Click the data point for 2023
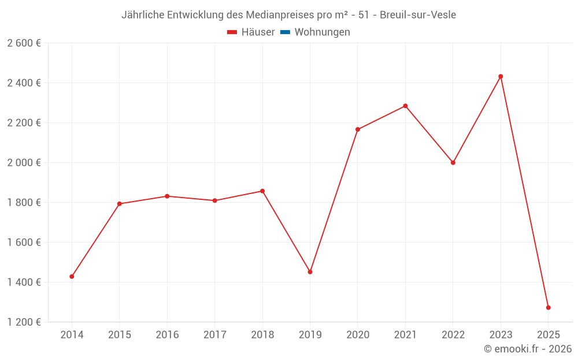(501, 76)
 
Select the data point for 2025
(548, 307)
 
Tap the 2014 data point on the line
(72, 277)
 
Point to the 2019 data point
(310, 271)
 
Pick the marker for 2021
(405, 106)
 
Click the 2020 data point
(358, 129)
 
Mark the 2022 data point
(453, 162)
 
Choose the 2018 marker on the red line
(262, 191)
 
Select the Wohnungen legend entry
(322, 32)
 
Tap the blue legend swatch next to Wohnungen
(285, 32)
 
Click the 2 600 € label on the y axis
(24, 43)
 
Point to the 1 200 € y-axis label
(24, 322)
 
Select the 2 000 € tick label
(24, 163)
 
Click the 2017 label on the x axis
(214, 335)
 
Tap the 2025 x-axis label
(548, 335)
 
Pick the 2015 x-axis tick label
(120, 335)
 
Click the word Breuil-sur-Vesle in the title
(418, 15)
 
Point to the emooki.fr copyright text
(528, 349)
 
